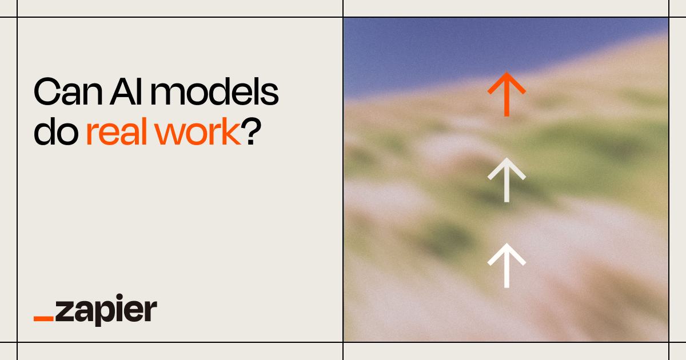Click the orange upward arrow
coord(506,94)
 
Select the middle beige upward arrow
coord(506,181)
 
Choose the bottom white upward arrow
coord(506,265)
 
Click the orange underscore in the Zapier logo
coord(44,318)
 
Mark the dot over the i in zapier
coord(121,301)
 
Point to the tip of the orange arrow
coord(506,74)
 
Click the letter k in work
coord(232,132)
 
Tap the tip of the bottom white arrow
coord(506,245)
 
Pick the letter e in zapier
coord(135,313)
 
